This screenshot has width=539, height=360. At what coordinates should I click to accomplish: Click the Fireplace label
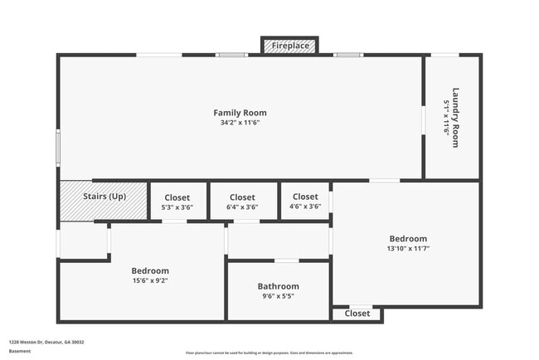coord(289,46)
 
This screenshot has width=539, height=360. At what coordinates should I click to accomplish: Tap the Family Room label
coord(240,113)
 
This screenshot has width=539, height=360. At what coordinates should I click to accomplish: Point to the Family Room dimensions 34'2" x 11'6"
coord(240,123)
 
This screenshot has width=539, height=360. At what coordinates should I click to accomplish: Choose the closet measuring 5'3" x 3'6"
coord(177,202)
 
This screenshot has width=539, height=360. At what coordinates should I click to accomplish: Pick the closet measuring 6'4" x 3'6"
coord(242,202)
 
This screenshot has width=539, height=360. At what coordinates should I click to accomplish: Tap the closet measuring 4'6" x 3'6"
coord(304,202)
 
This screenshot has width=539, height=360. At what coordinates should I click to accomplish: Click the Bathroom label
coord(278,286)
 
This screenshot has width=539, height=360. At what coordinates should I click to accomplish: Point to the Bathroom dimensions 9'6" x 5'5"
coord(278,296)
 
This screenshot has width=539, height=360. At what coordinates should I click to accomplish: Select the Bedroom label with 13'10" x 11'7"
coord(408,238)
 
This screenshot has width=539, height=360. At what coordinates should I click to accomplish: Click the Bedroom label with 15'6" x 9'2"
coord(150,270)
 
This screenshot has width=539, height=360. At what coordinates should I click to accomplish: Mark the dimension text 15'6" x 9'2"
coord(150,280)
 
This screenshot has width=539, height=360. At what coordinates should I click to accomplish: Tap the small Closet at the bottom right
coord(357,314)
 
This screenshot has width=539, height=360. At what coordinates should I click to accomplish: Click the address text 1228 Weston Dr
coord(46,342)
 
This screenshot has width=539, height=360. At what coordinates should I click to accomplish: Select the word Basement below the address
coord(20,351)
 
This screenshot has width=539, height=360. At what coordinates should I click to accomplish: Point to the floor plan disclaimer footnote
coord(269,353)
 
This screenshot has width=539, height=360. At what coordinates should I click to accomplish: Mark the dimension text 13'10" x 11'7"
coord(408,248)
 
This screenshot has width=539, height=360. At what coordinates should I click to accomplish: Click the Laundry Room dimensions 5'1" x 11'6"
coord(446,117)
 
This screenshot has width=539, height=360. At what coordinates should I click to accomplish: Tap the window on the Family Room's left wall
coord(58,148)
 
